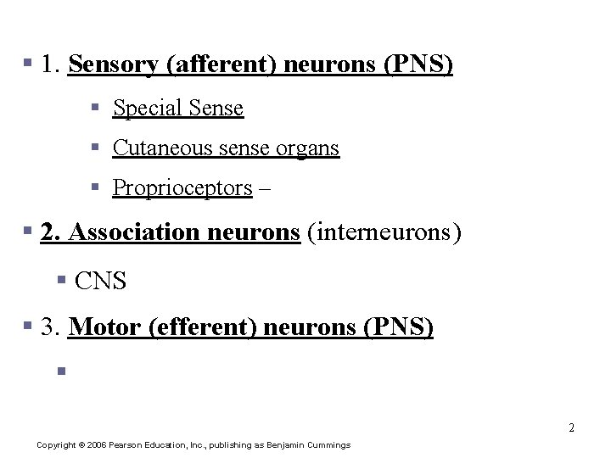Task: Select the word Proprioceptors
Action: point(182,188)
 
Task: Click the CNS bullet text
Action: point(101,281)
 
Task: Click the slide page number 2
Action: point(572,427)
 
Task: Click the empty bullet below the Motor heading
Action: point(61,370)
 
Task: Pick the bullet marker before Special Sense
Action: point(98,109)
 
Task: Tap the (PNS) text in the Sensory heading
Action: point(418,65)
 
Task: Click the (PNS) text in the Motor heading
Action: point(399,327)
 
